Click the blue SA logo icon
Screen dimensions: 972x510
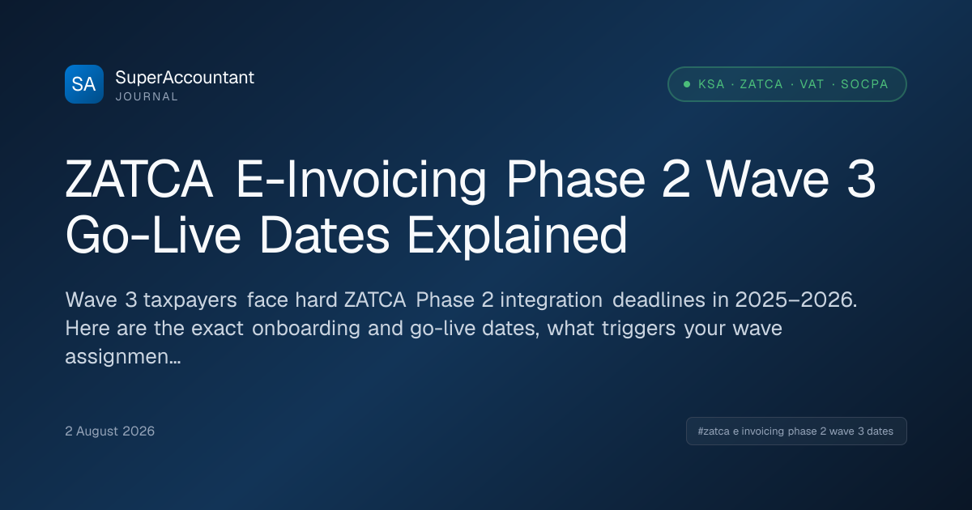pos(84,84)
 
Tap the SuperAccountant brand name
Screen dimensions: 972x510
pos(185,78)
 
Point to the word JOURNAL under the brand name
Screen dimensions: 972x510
pos(147,96)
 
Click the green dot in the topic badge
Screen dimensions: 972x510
pos(687,84)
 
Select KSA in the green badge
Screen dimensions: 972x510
pos(712,84)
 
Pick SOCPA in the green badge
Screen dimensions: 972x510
pos(864,84)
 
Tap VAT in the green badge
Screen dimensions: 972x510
pos(812,84)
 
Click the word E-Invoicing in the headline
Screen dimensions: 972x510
pos(360,180)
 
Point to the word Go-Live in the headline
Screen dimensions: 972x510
pos(153,236)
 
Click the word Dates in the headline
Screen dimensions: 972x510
pos(324,236)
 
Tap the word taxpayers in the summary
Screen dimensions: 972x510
pos(190,300)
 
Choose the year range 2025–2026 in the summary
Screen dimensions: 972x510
pos(796,300)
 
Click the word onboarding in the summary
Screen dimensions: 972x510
pos(306,329)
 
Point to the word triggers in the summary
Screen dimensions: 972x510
pos(638,329)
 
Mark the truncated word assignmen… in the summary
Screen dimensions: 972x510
pos(123,357)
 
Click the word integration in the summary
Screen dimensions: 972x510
pos(551,300)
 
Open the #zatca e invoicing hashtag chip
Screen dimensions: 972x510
pos(796,431)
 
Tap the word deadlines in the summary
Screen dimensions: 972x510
pos(659,300)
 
